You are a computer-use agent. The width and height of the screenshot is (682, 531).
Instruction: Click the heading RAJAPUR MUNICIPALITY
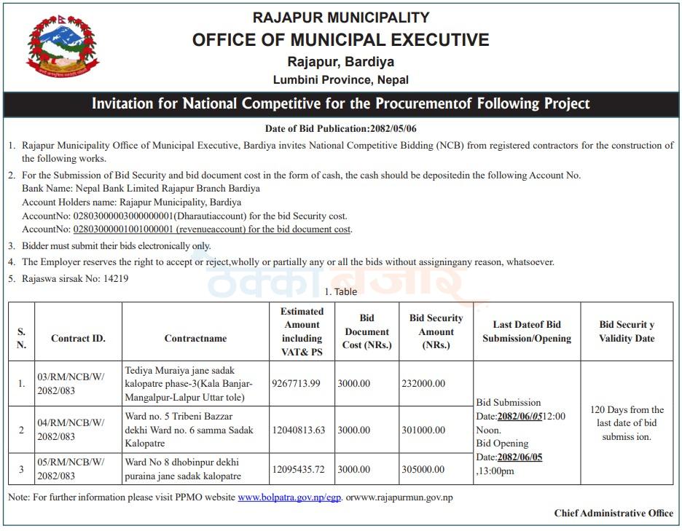pos(340,17)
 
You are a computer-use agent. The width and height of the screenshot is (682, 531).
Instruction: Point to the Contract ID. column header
pos(78,338)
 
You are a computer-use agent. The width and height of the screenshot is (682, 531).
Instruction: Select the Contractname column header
pos(195,338)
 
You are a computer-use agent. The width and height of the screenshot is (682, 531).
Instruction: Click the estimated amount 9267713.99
pos(296,383)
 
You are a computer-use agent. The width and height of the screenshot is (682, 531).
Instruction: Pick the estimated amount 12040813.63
pos(298,430)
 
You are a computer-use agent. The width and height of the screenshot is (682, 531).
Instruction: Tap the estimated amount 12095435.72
pos(298,469)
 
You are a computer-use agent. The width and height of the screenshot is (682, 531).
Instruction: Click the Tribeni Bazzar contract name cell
pos(189,430)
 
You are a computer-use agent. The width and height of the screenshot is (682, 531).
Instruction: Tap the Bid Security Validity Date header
pos(627,331)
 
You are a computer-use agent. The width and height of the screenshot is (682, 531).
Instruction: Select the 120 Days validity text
pos(627,423)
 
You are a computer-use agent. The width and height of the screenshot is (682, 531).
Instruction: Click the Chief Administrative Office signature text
pos(614,514)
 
